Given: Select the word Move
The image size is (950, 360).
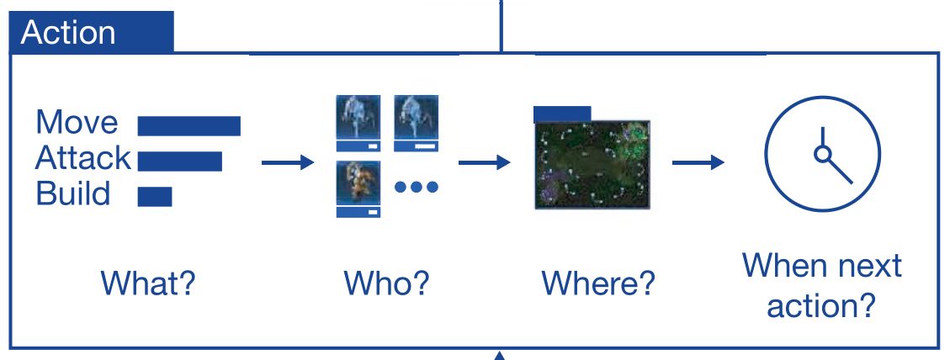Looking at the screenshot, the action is pyautogui.click(x=77, y=123).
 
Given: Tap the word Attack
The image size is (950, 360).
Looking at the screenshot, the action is pyautogui.click(x=83, y=158).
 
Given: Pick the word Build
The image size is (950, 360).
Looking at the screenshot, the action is pyautogui.click(x=73, y=194).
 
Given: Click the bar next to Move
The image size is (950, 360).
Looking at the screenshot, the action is pyautogui.click(x=189, y=126).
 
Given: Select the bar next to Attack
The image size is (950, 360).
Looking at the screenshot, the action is pyautogui.click(x=180, y=161).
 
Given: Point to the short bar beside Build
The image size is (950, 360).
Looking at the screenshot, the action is pyautogui.click(x=155, y=196).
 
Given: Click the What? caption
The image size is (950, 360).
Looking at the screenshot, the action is pyautogui.click(x=148, y=283).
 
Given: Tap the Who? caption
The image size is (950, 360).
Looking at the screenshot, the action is pyautogui.click(x=387, y=283).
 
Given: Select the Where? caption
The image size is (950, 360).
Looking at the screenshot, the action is pyautogui.click(x=598, y=283).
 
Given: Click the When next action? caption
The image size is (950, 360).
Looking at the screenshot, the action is pyautogui.click(x=822, y=285).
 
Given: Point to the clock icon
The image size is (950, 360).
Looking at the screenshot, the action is pyautogui.click(x=822, y=154).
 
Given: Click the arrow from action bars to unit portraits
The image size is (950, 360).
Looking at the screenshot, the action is pyautogui.click(x=288, y=162).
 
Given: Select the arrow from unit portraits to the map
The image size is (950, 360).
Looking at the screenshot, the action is pyautogui.click(x=485, y=162).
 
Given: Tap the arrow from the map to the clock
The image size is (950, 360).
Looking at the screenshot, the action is pyautogui.click(x=698, y=162).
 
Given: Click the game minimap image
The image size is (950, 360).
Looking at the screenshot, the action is pyautogui.click(x=592, y=165).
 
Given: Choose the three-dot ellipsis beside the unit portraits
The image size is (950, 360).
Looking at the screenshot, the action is pyautogui.click(x=417, y=188).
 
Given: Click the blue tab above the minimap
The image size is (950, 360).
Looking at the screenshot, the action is pyautogui.click(x=562, y=114).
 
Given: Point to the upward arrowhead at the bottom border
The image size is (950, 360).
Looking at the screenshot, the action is pyautogui.click(x=499, y=357).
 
